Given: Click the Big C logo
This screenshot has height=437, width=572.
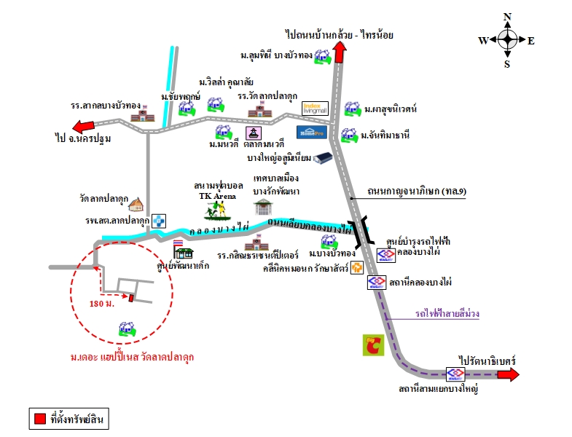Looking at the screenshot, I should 376,344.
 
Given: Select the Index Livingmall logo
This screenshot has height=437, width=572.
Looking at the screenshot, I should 315,108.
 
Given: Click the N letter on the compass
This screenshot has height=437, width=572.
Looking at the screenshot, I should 508,17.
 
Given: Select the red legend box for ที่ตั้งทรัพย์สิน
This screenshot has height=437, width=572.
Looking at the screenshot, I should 39,419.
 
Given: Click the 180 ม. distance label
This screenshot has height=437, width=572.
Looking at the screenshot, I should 102,302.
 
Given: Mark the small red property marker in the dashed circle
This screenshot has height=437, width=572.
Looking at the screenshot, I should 131,296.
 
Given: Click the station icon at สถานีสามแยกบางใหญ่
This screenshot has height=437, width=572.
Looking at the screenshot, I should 457,374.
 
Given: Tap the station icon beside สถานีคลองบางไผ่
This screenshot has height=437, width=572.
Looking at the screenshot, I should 376,282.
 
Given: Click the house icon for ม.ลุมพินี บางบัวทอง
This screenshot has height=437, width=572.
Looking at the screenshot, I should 323,56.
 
